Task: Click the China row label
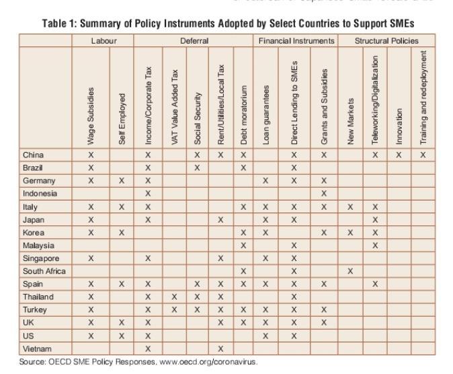coord(33,155)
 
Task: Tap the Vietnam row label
coord(38,348)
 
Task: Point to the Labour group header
coord(104,41)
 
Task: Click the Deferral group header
coord(194,41)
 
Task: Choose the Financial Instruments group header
coord(296,41)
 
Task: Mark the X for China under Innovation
coord(399,155)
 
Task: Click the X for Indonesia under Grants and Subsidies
coord(324,194)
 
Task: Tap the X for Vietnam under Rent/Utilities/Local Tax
coord(220,348)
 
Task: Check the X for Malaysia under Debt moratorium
coord(244,246)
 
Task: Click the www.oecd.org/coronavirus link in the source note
coord(206,362)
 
